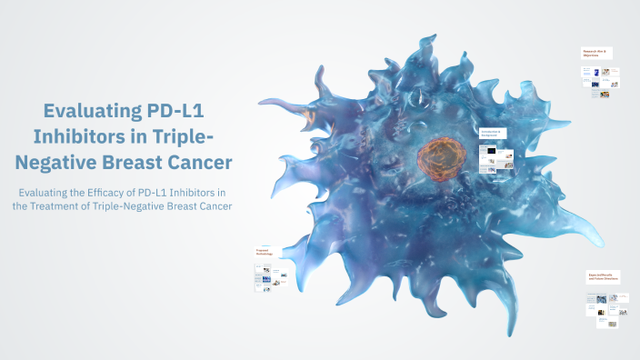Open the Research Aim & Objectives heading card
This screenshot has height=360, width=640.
(x=596, y=53)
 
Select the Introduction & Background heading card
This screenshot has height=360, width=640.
(x=491, y=134)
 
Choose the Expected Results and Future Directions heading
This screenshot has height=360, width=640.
(x=603, y=275)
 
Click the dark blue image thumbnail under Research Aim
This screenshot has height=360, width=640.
(x=595, y=85)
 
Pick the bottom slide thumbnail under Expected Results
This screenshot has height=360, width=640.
(x=613, y=323)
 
